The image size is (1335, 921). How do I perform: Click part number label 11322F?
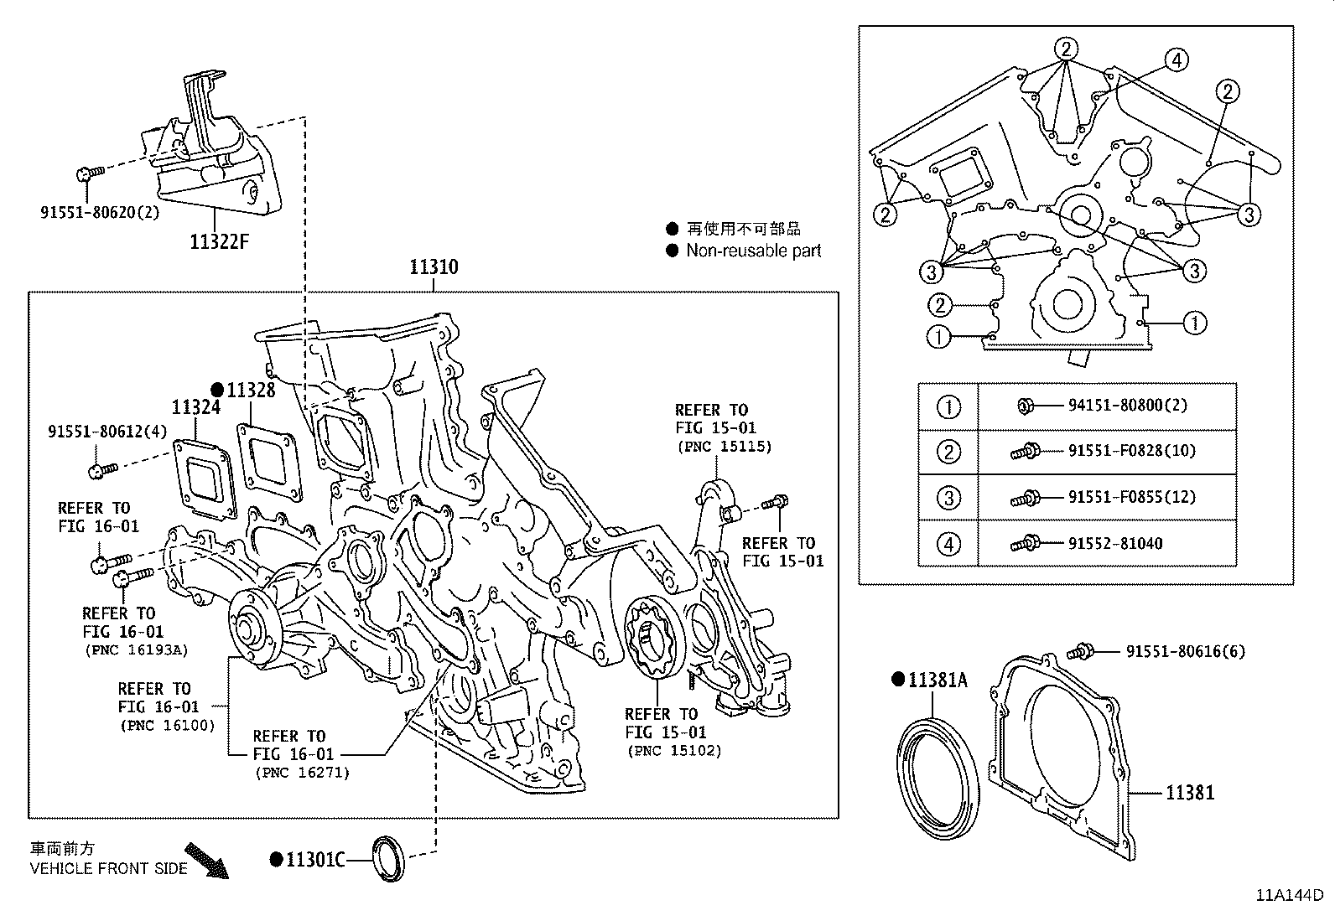coord(220,242)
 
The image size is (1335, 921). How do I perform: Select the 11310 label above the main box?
coord(434,267)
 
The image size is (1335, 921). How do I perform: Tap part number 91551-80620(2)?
coord(100,212)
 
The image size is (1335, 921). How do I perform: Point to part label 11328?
coord(251,390)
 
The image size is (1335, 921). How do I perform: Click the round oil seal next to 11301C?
coord(388,858)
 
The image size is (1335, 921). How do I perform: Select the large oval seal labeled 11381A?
coord(938,774)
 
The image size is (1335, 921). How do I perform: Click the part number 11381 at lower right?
coord(1189,792)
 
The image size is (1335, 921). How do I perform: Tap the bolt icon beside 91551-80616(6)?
coord(1081,651)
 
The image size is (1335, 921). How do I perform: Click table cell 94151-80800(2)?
coord(1127,406)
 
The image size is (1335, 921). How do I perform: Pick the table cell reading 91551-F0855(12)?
coord(1131,497)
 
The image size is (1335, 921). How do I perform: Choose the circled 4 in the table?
coord(948,544)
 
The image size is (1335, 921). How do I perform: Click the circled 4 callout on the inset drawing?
coord(1177,60)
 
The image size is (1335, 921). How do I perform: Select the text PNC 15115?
coord(724,447)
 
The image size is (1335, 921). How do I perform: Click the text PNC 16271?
coord(301,773)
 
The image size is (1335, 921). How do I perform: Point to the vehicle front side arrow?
coord(206,860)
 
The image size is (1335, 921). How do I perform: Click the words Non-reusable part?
coord(753,251)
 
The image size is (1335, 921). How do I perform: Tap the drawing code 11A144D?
coord(1288,894)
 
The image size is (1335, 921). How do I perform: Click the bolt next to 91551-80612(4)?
coord(100,470)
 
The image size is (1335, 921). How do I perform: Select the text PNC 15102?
coord(673,751)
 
